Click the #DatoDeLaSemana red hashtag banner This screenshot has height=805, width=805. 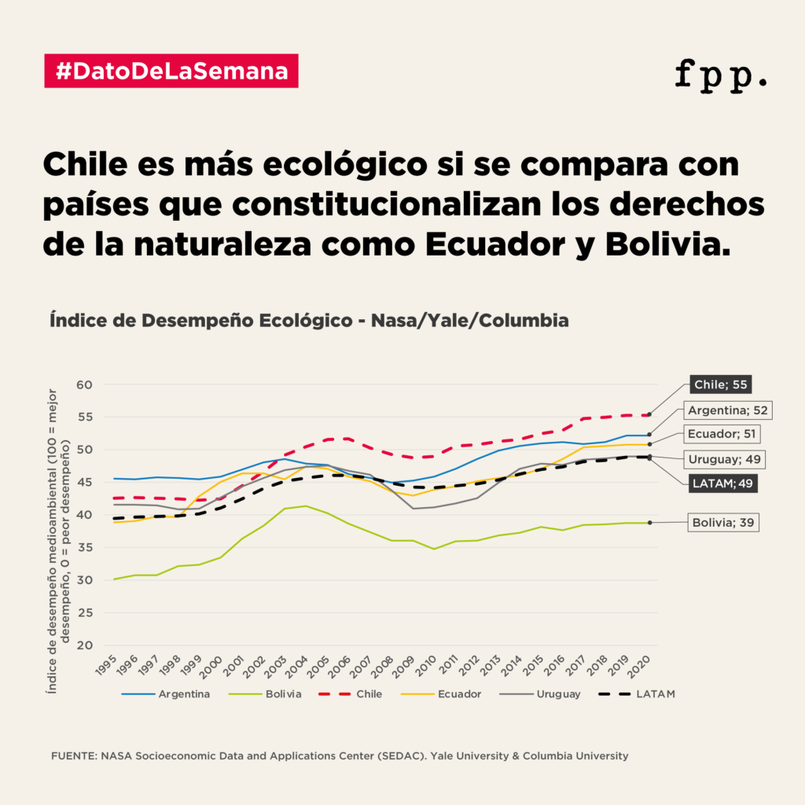171,71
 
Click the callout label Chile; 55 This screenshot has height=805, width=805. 719,384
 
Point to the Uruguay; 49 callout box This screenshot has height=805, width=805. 724,459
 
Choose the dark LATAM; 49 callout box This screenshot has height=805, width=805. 723,483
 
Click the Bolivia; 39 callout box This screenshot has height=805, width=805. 724,522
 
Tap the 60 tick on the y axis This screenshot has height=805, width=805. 84,384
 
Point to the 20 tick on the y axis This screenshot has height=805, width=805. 84,645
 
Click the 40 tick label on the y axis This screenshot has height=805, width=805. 84,515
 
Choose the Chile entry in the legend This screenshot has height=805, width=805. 369,694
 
